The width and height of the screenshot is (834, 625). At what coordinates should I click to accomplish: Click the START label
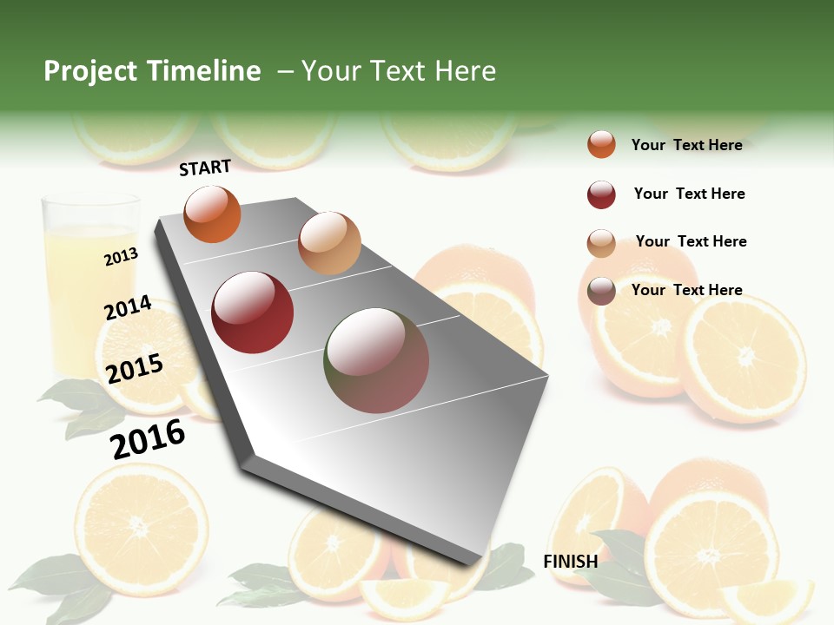click(205, 168)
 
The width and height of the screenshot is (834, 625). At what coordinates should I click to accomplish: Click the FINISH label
click(570, 562)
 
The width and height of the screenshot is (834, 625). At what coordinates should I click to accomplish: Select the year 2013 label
click(121, 257)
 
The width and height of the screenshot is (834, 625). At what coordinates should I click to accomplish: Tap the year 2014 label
click(128, 308)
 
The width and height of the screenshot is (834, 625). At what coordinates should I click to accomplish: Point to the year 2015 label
click(135, 368)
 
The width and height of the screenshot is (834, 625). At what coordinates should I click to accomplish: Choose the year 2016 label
click(148, 439)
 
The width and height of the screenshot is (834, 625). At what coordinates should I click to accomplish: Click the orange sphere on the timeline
click(212, 214)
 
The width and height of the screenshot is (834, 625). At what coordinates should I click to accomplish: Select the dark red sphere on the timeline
click(253, 312)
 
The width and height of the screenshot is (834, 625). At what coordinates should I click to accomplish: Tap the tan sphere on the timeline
click(329, 243)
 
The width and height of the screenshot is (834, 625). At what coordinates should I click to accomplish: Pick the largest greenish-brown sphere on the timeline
click(377, 360)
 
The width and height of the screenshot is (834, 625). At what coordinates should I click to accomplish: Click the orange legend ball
click(601, 145)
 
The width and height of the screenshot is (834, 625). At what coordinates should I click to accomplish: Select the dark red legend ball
click(601, 194)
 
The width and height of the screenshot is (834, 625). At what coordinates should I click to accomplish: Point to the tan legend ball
click(601, 243)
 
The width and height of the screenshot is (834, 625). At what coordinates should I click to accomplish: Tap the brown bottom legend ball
click(601, 291)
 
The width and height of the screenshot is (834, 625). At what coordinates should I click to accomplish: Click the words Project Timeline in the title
click(152, 71)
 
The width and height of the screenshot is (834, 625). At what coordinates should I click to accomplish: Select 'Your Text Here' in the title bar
click(398, 71)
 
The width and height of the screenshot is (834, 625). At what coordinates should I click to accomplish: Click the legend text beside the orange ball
click(686, 145)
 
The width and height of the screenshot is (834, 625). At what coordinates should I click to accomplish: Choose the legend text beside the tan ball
click(691, 241)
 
